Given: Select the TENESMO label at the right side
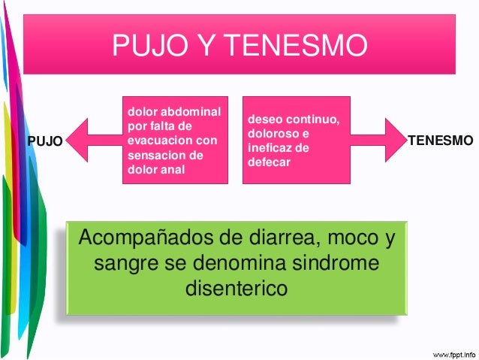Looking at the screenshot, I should (x=440, y=141).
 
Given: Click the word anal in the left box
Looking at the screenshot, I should (x=171, y=169).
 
